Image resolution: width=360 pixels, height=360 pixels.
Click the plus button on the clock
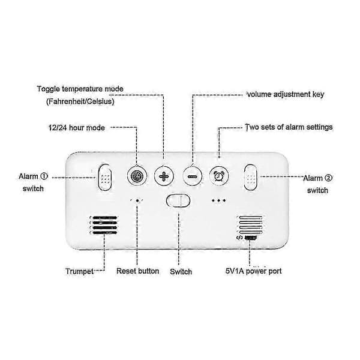[164, 176]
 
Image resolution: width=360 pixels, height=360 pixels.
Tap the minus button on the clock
[193, 176]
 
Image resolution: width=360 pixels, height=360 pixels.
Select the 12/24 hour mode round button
[137, 176]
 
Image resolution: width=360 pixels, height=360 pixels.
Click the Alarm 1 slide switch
[105, 177]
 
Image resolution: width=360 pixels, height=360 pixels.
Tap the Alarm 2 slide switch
[250, 178]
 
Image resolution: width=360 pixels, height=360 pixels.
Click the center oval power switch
[178, 200]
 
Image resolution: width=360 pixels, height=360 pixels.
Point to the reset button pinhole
[137, 200]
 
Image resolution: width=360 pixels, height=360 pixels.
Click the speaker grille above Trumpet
[104, 225]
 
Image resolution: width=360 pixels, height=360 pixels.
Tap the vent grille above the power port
[250, 225]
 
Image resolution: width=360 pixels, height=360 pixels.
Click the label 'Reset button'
[138, 271]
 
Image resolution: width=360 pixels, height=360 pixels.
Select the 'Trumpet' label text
[79, 271]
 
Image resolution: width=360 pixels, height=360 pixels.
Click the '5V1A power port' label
[253, 271]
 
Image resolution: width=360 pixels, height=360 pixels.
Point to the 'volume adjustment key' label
[286, 94]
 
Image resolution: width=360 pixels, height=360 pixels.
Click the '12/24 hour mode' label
[77, 128]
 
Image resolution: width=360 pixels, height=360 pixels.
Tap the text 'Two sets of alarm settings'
[289, 127]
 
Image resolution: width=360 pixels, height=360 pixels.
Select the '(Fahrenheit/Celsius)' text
[80, 101]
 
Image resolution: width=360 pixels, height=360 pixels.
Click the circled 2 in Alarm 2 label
[329, 178]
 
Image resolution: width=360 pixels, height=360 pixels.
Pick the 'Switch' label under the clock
[181, 272]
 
